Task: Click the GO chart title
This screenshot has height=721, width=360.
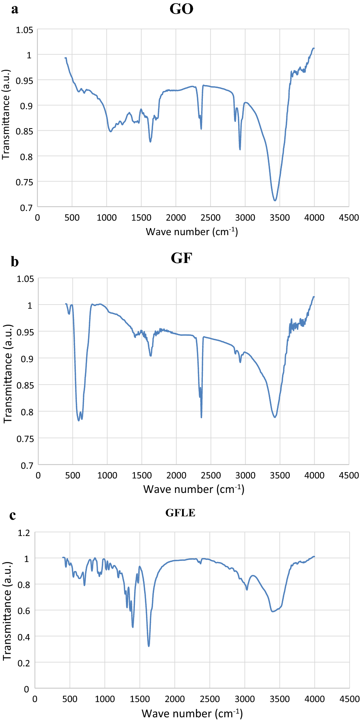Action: (181, 9)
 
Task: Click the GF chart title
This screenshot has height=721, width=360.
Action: (181, 258)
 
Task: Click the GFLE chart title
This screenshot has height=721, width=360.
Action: (180, 513)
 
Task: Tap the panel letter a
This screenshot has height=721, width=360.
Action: (14, 9)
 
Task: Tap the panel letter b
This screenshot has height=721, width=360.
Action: (14, 262)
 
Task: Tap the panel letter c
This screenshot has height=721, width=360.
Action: (13, 515)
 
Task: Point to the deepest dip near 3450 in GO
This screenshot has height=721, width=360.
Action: (275, 201)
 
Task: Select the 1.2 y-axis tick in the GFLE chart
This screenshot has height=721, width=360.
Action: (24, 533)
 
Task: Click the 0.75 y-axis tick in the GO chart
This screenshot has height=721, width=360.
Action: (24, 182)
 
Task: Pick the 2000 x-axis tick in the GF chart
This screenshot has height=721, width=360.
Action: (176, 475)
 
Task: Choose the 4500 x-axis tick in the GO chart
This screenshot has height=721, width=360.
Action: (349, 218)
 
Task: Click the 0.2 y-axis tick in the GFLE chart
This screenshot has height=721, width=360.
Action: (24, 663)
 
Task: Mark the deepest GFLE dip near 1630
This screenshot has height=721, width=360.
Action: (149, 646)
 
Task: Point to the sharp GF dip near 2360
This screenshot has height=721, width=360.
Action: (201, 417)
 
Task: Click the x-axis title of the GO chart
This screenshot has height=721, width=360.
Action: (192, 232)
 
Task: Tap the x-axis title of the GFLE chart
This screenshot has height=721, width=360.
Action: (192, 713)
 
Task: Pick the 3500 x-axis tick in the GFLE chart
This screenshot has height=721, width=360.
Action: (280, 699)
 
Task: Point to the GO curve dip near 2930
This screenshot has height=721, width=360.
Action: (240, 149)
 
